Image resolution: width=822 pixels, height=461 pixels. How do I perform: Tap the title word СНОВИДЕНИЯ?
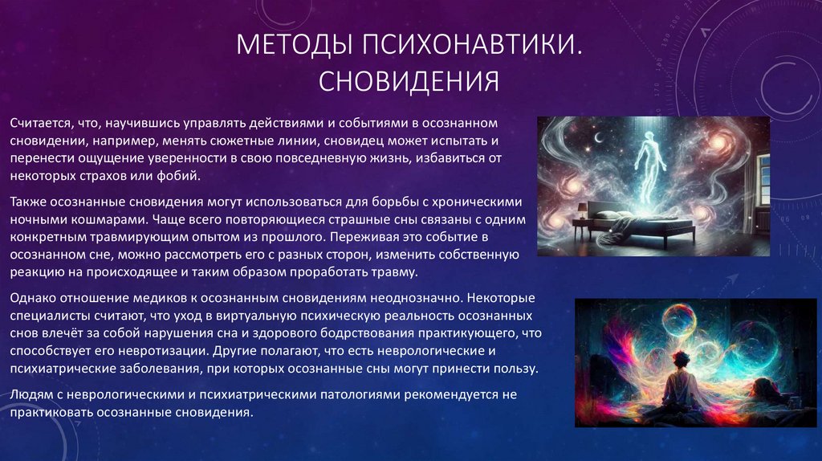pos(409,81)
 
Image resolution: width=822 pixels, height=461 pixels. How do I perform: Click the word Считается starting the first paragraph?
pos(38,123)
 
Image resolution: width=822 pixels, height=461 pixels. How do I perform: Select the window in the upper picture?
pos(760,181)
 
